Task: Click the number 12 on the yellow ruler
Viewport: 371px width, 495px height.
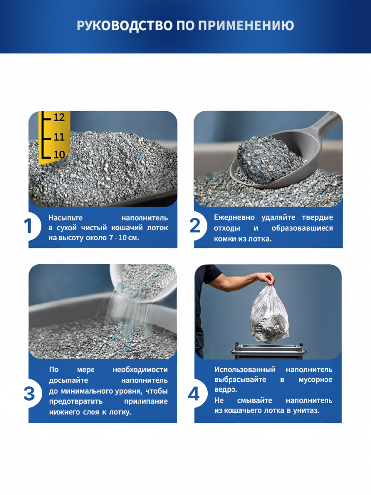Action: click(x=59, y=117)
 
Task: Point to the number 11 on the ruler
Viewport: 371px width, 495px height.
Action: click(x=59, y=137)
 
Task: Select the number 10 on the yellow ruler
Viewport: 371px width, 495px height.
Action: click(x=59, y=154)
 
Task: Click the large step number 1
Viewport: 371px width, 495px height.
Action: click(x=28, y=226)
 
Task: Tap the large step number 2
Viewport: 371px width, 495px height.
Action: click(x=195, y=226)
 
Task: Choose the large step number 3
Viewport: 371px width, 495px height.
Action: click(x=29, y=394)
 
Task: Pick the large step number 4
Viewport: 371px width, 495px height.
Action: click(x=194, y=394)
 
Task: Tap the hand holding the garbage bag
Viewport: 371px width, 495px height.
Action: click(x=266, y=278)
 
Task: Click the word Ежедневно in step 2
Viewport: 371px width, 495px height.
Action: click(x=234, y=217)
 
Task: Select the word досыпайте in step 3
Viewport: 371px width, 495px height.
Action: click(x=68, y=380)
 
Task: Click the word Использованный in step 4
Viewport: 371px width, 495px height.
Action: click(x=245, y=370)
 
